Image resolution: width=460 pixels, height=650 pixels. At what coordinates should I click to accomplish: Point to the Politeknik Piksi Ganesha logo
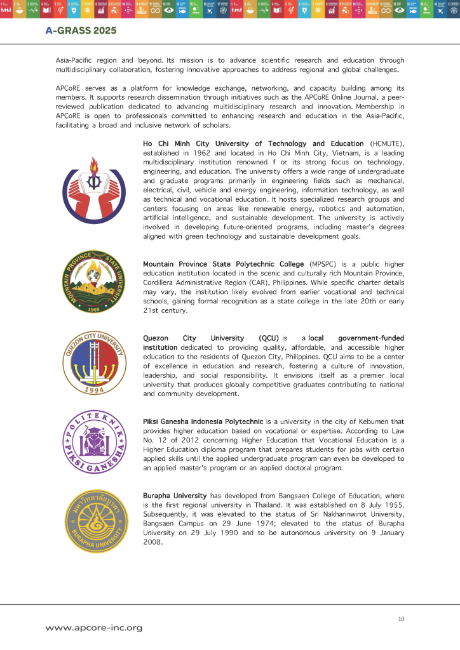tap(93, 442)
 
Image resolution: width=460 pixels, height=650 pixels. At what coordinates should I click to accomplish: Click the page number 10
tap(401, 619)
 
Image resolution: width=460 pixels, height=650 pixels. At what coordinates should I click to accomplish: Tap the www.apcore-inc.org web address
tap(93, 628)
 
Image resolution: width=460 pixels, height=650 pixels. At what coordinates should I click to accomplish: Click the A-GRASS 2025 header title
tap(81, 30)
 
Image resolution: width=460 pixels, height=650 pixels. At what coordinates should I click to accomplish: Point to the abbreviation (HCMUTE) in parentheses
tap(385, 144)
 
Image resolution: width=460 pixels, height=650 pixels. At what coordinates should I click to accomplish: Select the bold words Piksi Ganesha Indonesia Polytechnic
tap(203, 421)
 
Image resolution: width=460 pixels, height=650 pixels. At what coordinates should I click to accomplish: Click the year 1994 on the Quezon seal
tap(94, 389)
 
